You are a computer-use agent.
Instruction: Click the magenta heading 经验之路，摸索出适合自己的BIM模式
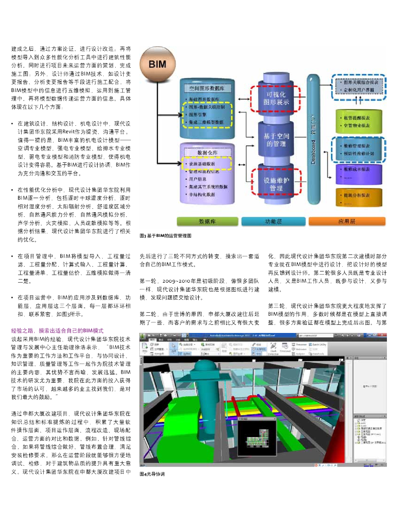[57, 330]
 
